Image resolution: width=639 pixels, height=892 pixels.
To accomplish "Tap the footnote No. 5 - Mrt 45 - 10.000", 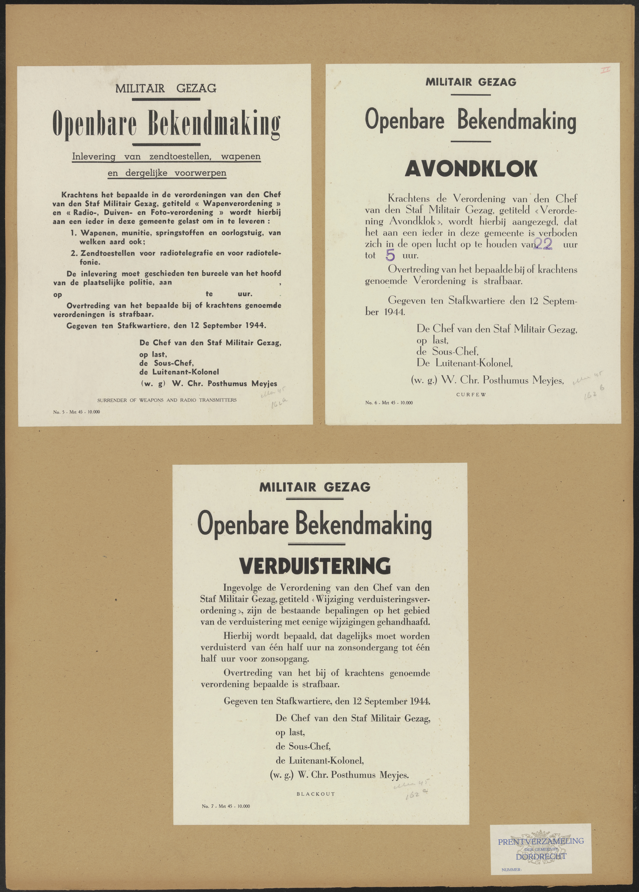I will pyautogui.click(x=77, y=412).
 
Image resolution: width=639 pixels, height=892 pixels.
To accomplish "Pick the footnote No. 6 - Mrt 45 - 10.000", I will pyautogui.click(x=388, y=403).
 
